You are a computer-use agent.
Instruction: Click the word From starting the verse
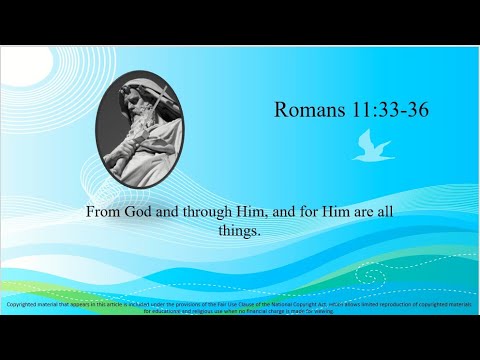(x=105, y=212)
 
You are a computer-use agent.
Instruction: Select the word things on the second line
(x=240, y=230)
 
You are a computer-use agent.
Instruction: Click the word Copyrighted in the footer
(x=27, y=303)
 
